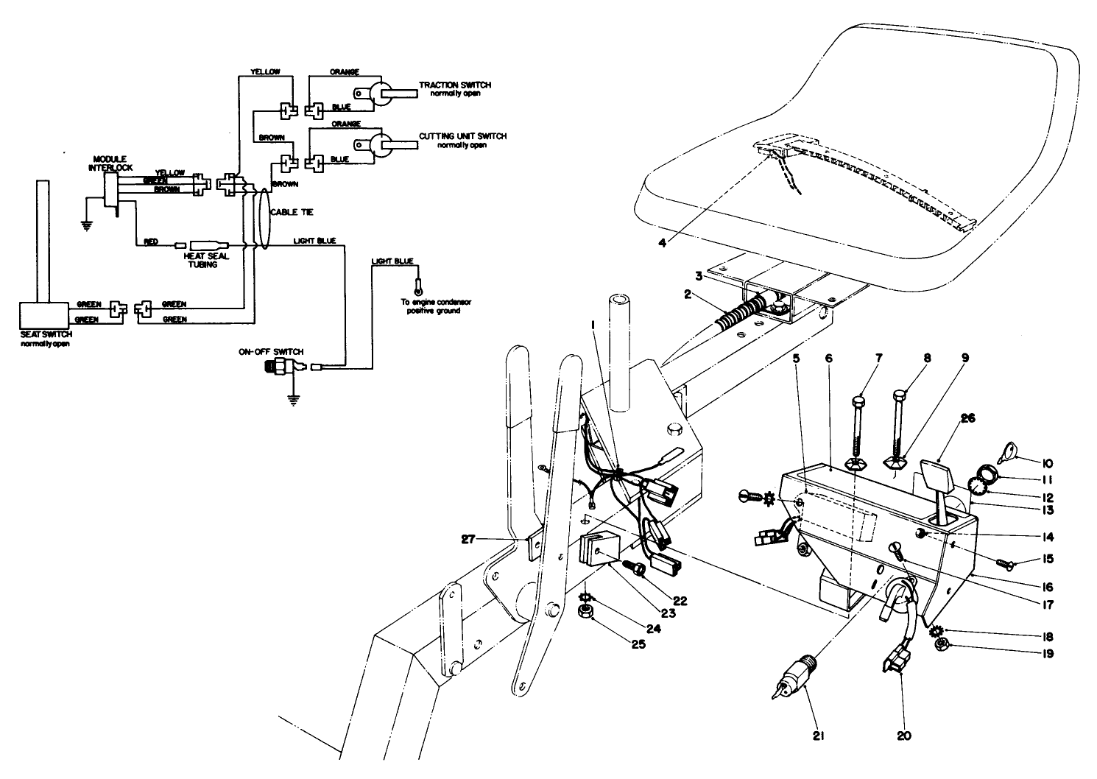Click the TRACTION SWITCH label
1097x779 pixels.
click(454, 85)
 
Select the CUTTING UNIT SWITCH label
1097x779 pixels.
click(462, 136)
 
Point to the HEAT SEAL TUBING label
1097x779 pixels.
click(200, 260)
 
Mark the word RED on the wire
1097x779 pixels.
click(151, 242)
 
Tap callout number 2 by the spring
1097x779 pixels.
click(685, 294)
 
